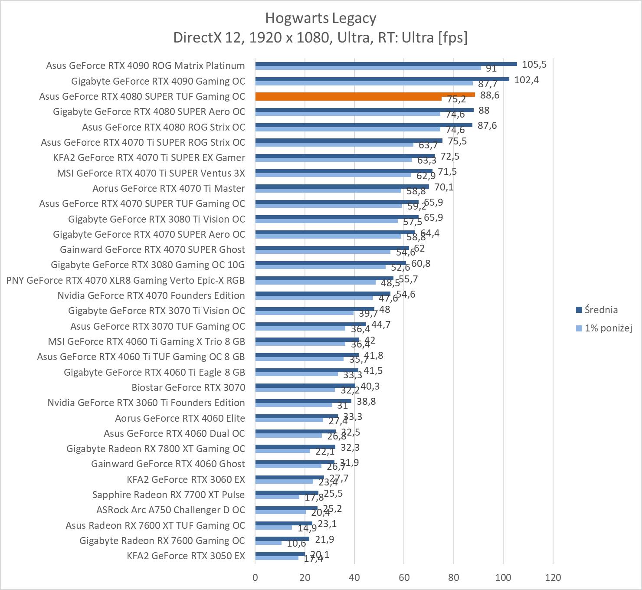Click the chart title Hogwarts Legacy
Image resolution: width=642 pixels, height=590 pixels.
(321, 18)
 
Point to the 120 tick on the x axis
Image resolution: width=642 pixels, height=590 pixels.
(553, 577)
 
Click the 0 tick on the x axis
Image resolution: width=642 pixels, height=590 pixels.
(255, 577)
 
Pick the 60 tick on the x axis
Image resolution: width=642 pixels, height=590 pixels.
(404, 577)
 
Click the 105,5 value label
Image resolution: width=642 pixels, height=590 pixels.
(534, 65)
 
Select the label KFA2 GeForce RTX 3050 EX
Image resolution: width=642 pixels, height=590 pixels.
(186, 556)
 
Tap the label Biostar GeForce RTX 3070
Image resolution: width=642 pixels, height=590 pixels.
(188, 387)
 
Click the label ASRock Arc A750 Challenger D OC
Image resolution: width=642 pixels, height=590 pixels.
(170, 510)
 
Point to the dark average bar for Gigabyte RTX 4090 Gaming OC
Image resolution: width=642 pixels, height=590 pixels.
(382, 79)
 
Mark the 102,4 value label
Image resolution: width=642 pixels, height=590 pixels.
(526, 80)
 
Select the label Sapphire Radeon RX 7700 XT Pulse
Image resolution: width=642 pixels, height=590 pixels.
(168, 495)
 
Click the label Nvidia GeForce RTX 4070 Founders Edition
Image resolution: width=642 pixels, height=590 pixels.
(151, 295)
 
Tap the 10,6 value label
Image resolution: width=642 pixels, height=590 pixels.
(296, 544)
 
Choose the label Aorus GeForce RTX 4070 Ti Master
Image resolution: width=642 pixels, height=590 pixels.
(168, 188)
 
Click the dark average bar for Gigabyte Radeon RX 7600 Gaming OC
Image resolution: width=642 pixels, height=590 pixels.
(282, 539)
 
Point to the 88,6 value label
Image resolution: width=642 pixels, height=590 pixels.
(490, 95)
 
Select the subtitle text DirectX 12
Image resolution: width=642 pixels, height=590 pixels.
(210, 38)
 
